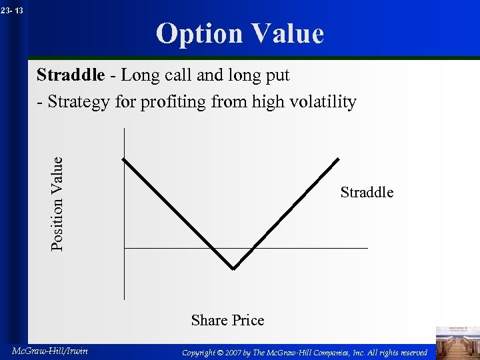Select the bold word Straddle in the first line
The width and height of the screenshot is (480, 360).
(x=70, y=75)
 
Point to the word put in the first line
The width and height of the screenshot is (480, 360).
(x=277, y=76)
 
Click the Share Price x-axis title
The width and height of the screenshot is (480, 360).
(x=227, y=321)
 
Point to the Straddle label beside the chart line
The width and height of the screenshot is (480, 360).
(x=367, y=193)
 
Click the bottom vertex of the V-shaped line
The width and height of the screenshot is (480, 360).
(x=233, y=269)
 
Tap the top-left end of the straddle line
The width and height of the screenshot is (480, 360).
(x=123, y=159)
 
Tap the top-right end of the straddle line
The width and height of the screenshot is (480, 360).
(x=339, y=159)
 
